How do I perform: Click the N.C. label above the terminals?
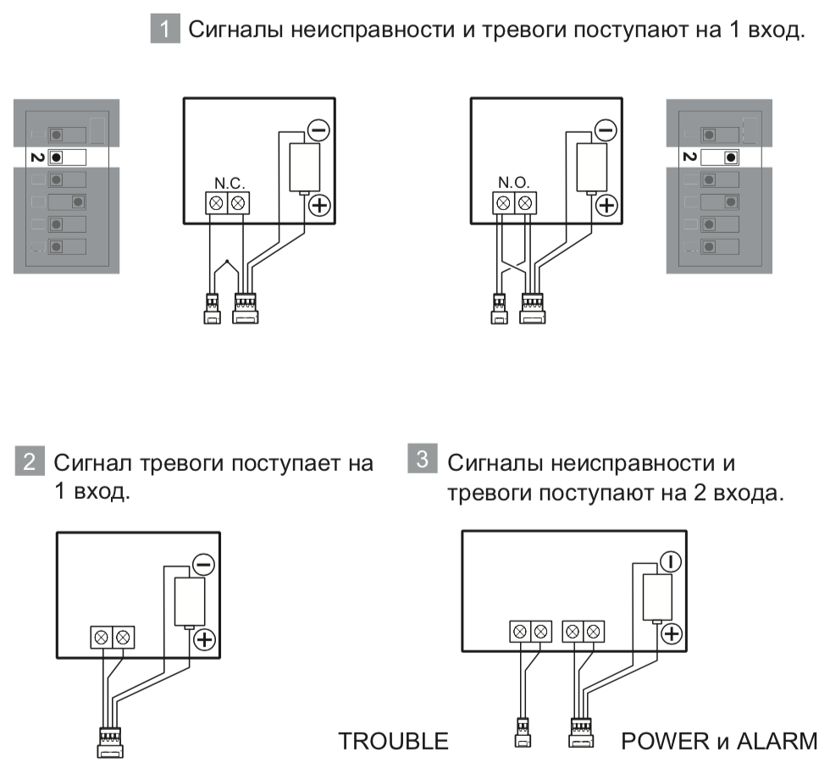pos(227,183)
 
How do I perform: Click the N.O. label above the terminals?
pos(514,183)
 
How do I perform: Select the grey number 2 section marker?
pos(29,462)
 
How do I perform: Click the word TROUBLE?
pos(393,742)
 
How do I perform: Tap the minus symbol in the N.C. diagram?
pos(318,130)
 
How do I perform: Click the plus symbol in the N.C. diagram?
pos(318,204)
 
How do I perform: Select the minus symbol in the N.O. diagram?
pos(605,130)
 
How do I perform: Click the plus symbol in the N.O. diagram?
pos(605,204)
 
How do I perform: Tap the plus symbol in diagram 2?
pos(204,639)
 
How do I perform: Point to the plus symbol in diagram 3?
pos(671,633)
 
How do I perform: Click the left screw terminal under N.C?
pos(216,202)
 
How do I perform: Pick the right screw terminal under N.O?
pos(525,202)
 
